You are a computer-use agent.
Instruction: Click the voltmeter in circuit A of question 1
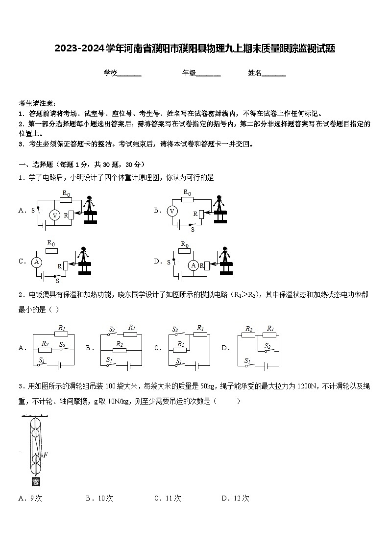(x=55, y=215)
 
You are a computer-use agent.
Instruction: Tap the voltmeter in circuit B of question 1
(x=172, y=211)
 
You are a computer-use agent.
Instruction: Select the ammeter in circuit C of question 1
(x=36, y=262)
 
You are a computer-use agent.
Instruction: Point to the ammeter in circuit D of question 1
(x=194, y=265)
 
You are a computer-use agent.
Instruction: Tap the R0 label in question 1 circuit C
(x=51, y=242)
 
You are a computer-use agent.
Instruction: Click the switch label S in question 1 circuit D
(x=169, y=262)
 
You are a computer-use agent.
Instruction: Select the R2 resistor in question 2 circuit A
(x=45, y=349)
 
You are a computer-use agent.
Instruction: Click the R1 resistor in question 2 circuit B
(x=130, y=334)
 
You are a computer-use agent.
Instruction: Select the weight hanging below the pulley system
(x=35, y=481)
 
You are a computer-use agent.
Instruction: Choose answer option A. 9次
(x=30, y=498)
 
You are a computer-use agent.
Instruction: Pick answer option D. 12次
(x=235, y=498)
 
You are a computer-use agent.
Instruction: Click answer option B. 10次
(x=99, y=498)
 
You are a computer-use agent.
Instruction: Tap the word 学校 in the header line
(x=110, y=73)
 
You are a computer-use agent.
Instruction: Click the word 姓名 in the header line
(x=255, y=73)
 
